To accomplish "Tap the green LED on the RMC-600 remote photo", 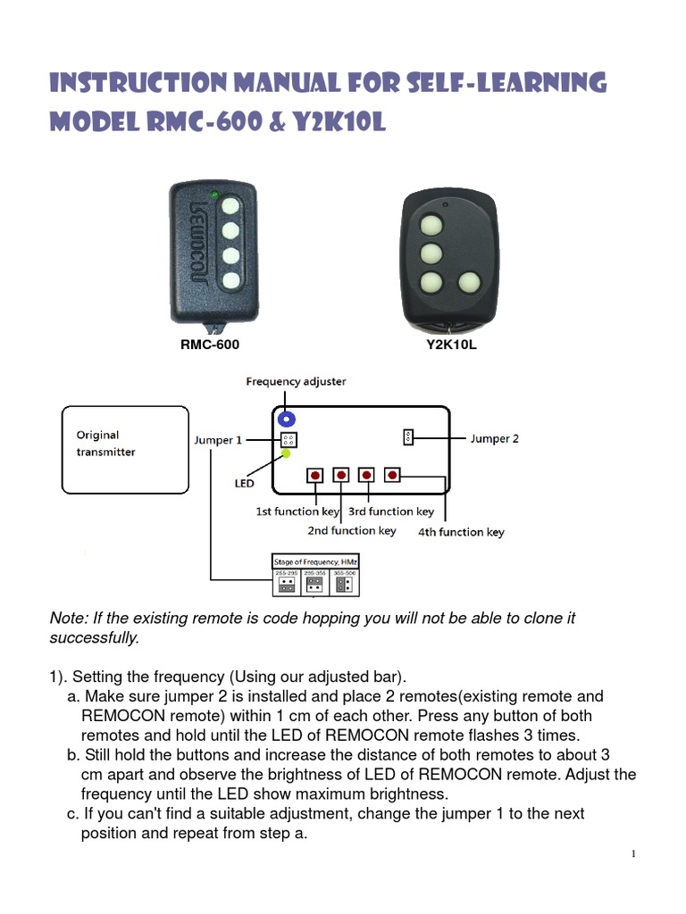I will (213, 194).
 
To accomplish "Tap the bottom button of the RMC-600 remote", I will (231, 281).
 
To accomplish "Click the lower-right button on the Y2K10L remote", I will (470, 285).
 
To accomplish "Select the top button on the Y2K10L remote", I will (432, 223).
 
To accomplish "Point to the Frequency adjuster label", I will (296, 381).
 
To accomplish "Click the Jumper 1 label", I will (217, 439).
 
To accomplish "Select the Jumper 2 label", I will (494, 438).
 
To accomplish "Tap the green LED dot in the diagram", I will (286, 454).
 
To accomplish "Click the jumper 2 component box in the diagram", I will (408, 436).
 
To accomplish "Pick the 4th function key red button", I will (393, 475).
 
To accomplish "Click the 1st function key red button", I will (315, 475).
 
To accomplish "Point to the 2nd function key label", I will (352, 531).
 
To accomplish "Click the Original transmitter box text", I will (105, 444).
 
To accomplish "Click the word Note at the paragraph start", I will (66, 619).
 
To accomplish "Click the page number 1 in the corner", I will (633, 854).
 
